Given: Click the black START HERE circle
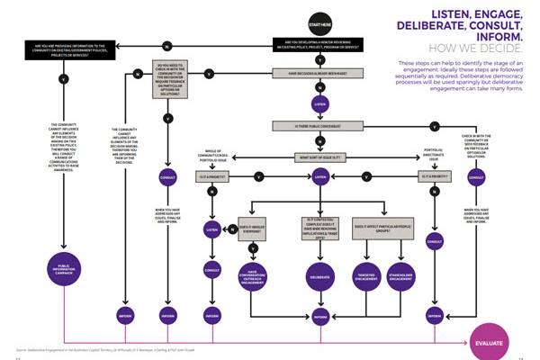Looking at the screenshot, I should [x=319, y=22].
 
